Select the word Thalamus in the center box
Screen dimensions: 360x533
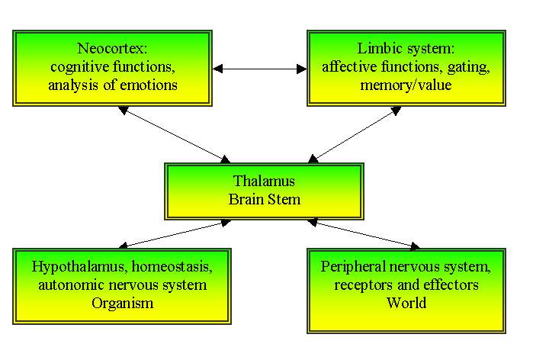coord(259,182)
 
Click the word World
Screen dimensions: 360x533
coord(406,303)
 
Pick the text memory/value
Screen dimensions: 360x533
coord(406,85)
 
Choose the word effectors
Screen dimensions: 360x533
coord(449,284)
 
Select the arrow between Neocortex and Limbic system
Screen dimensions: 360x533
coord(259,69)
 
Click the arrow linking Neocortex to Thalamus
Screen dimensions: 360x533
coord(175,134)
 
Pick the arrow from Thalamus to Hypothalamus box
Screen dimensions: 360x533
coord(175,234)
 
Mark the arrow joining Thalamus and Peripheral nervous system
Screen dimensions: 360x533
coord(364,234)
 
